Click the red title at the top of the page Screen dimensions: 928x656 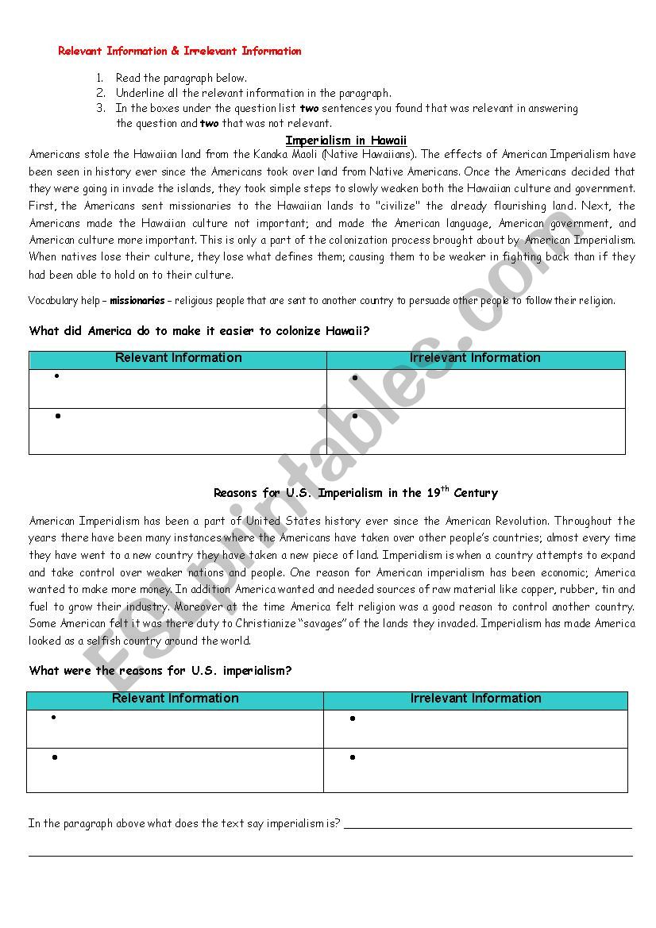point(179,51)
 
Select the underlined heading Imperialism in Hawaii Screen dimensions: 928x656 point(345,141)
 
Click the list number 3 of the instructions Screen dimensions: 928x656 point(100,108)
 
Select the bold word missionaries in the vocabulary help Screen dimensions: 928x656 point(137,301)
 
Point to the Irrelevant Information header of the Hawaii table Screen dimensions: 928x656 point(475,358)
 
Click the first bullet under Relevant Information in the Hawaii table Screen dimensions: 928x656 point(57,376)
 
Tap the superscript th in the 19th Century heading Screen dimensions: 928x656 point(446,489)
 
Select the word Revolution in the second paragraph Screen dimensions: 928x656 point(519,521)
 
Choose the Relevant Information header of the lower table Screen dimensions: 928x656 point(175,699)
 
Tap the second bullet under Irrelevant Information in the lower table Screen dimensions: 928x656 point(352,757)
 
